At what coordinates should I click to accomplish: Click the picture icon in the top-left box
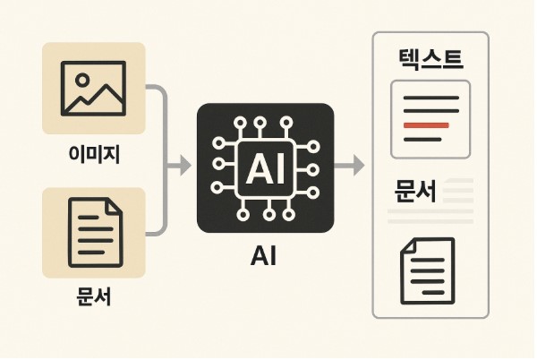93,87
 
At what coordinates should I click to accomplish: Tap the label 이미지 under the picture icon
93,156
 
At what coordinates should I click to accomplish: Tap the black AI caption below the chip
265,259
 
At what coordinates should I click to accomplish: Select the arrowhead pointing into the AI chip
185,166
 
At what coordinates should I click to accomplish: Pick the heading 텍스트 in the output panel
430,61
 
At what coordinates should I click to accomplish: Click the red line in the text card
427,125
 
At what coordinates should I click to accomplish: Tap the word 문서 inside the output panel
415,192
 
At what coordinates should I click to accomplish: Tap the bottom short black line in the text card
422,140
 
